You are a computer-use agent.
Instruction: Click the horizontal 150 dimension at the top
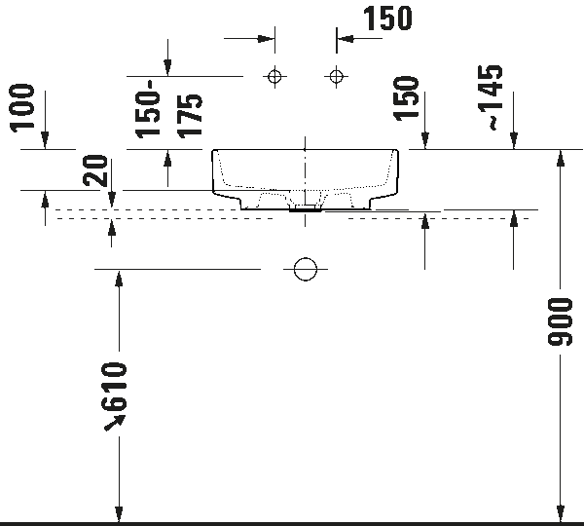tap(387, 18)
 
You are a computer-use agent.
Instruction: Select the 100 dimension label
tap(22, 108)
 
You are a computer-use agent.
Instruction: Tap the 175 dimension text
tap(190, 116)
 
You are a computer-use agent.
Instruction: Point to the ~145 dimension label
tap(491, 97)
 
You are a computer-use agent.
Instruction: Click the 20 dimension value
tap(95, 170)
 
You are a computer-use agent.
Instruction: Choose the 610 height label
tap(114, 386)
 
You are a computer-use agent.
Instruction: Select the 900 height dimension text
tap(560, 321)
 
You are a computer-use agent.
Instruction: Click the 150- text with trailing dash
tap(148, 109)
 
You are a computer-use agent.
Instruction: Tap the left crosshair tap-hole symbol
tap(274, 77)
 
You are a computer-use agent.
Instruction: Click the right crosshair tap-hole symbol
tap(337, 77)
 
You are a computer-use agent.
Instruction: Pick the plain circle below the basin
tap(306, 269)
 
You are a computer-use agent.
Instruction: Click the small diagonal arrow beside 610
tap(114, 423)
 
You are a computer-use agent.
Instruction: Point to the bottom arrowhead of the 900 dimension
tap(561, 514)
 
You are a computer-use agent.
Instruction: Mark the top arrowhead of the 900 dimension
tap(561, 158)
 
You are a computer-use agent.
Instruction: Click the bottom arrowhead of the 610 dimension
tap(119, 514)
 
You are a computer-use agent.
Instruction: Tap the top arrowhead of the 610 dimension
tap(119, 278)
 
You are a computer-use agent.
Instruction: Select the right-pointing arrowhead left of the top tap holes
tap(267, 38)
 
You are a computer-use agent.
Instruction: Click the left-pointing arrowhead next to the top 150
tap(346, 38)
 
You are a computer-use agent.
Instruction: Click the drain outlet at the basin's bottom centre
tap(306, 208)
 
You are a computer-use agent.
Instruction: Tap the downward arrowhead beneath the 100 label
tap(45, 140)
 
